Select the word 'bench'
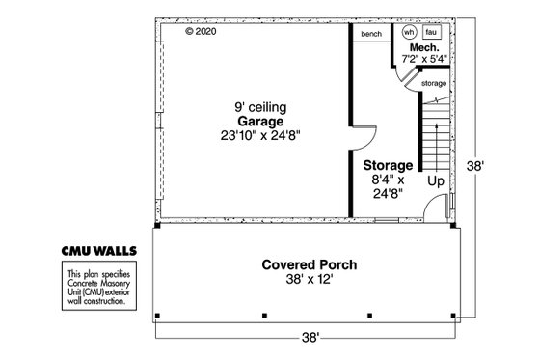pos(371,34)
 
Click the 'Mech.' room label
pos(424,47)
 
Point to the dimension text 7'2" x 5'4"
pos(424,59)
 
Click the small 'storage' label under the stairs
pos(434,84)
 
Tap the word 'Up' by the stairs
pos(436,180)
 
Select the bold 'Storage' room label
pos(388,165)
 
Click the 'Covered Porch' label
pos(310,264)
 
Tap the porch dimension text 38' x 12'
pos(310,280)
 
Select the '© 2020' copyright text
pos(202,31)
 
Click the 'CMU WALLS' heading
pos(100,250)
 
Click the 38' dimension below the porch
pos(309,338)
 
